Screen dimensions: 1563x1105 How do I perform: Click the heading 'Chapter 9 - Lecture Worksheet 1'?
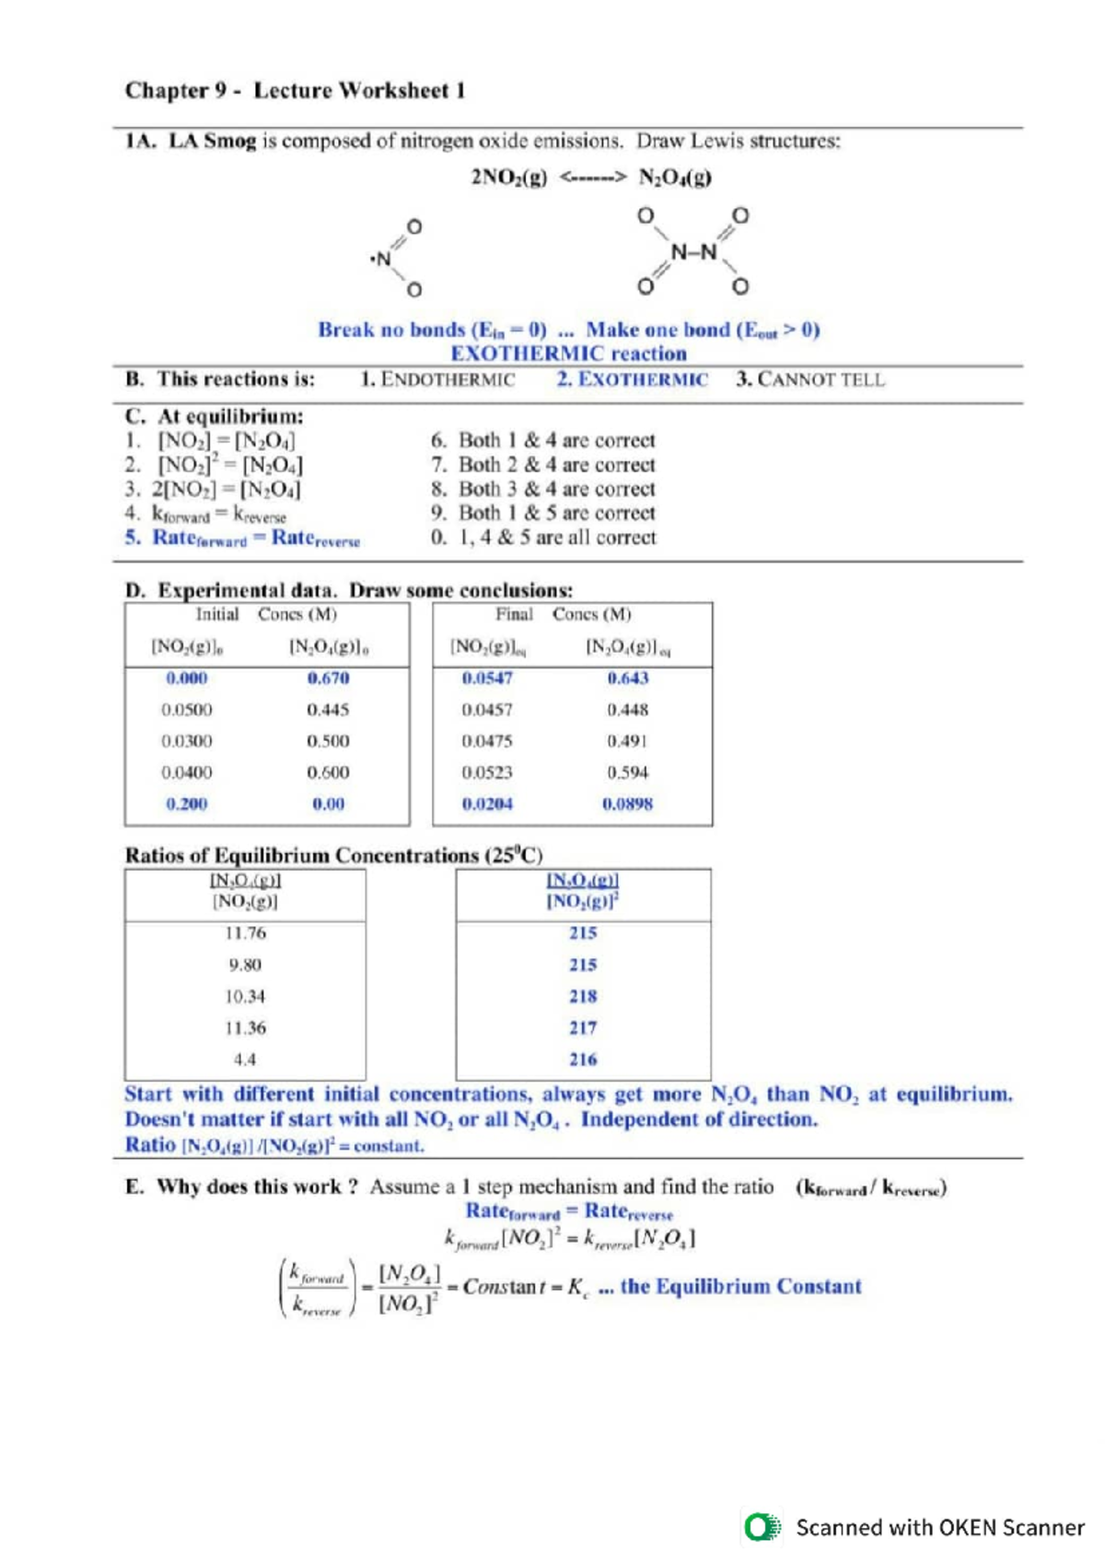pos(295,90)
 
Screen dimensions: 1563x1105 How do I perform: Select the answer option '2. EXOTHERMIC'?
pos(632,379)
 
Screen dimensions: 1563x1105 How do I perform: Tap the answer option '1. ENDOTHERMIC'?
pos(437,379)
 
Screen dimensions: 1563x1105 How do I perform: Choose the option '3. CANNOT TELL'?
pos(809,379)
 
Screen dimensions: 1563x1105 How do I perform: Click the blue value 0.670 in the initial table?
pos(328,678)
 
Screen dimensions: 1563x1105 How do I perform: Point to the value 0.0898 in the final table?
pos(627,804)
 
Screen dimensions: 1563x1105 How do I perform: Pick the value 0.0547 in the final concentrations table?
pos(487,678)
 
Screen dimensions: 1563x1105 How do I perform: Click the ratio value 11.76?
pos(245,933)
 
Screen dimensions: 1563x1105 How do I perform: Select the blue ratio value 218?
pos(583,996)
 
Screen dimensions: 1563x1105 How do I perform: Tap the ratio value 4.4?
pos(245,1059)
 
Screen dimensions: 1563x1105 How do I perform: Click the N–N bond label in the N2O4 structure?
pos(693,251)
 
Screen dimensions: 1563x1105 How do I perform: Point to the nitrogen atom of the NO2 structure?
pos(383,259)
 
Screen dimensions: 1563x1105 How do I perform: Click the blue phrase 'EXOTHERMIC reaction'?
pos(568,353)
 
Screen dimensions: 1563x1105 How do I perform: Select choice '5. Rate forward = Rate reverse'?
pos(243,538)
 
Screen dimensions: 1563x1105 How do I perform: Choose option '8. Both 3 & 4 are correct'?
pos(543,489)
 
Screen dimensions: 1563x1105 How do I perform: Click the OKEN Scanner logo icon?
pos(762,1527)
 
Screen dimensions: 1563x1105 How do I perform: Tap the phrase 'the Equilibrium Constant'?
pos(740,1286)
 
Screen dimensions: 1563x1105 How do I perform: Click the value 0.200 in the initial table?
pos(186,804)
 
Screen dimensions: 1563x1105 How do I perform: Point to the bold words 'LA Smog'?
pos(212,141)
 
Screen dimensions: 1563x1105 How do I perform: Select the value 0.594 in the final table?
pos(627,772)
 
